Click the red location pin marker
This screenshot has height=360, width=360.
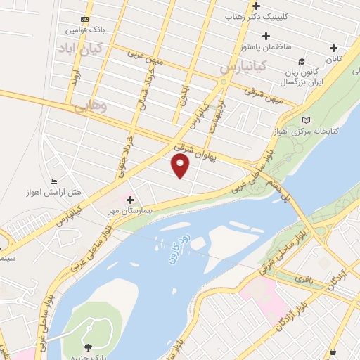181,166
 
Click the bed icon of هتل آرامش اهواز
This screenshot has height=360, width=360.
54,182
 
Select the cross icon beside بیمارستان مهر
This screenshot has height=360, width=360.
130,200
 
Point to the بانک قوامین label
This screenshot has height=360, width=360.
82,31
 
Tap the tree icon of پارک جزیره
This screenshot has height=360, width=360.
88,347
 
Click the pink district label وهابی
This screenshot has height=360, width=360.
90,107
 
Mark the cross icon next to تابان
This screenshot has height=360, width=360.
335,48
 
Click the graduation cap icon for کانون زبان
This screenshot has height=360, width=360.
301,62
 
